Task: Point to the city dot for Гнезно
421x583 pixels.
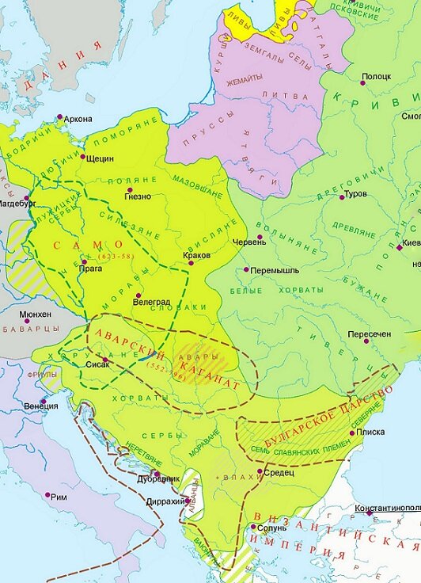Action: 127,187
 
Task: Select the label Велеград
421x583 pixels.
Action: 151,302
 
